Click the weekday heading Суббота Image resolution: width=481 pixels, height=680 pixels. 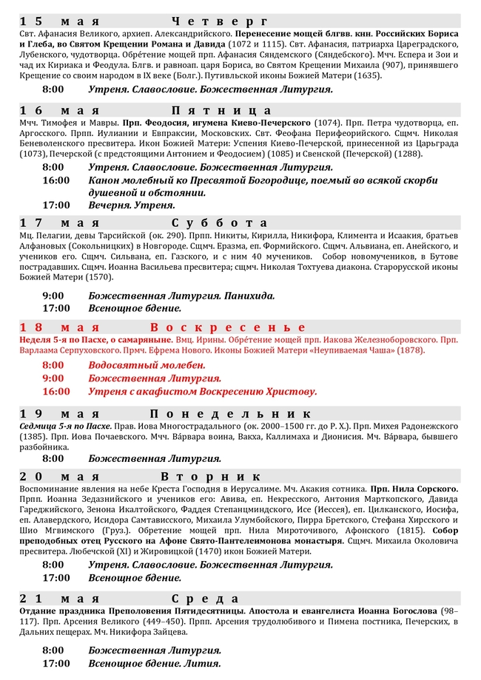[x=220, y=222]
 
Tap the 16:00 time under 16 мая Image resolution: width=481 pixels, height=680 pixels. [x=56, y=180]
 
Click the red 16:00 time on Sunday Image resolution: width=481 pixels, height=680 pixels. [x=56, y=391]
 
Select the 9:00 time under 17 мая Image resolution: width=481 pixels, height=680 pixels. [x=54, y=295]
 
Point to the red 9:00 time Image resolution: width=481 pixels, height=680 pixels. [x=54, y=378]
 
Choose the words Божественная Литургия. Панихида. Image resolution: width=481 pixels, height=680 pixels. [x=181, y=295]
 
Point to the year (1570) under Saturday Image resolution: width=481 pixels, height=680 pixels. [x=98, y=277]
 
